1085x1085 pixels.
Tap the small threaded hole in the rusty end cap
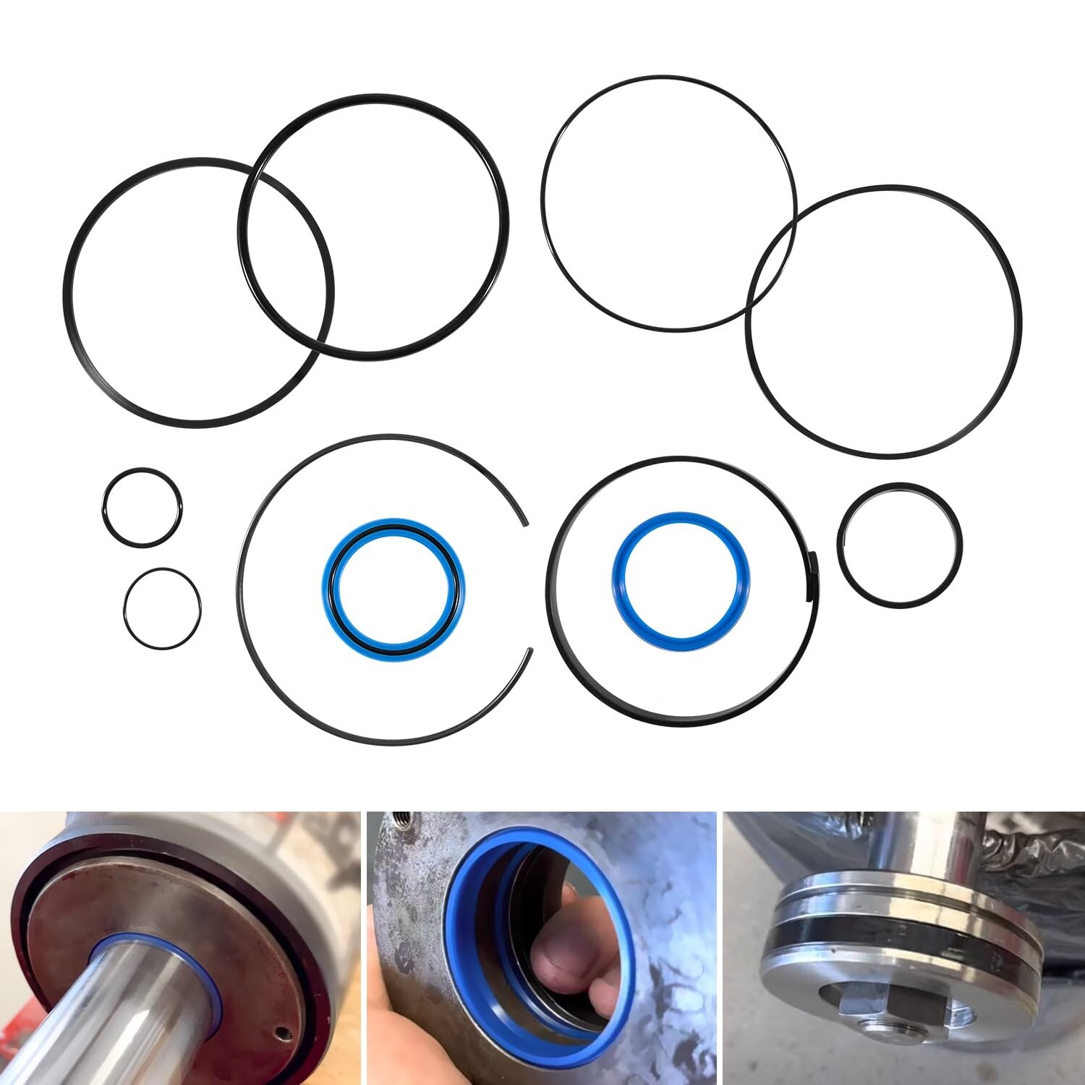tap(283, 1013)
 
